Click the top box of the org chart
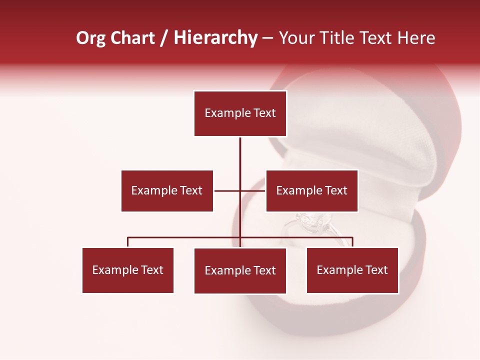(240, 113)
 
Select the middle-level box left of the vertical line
(167, 190)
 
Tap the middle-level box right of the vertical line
(311, 190)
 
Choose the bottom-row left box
(128, 270)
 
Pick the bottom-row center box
(240, 270)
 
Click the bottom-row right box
(352, 270)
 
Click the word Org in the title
(90, 38)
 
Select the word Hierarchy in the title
(215, 38)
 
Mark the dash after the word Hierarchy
(267, 38)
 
